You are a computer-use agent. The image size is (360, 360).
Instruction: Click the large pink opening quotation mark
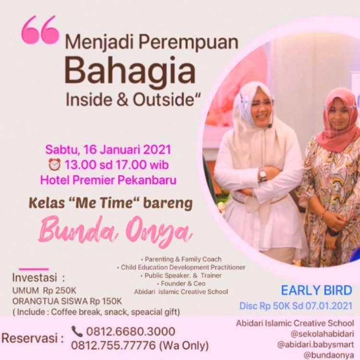(x=40, y=29)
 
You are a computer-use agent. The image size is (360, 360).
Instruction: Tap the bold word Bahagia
(x=130, y=70)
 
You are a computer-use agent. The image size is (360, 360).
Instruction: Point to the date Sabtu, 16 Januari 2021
(x=108, y=149)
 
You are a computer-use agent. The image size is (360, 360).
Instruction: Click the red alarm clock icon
(x=55, y=164)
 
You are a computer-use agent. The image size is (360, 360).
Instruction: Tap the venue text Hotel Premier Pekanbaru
(x=108, y=180)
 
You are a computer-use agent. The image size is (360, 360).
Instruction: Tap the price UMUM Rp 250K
(x=44, y=290)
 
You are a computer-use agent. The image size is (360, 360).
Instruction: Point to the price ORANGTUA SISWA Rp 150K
(x=67, y=301)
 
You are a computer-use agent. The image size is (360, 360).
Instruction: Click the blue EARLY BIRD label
(x=316, y=290)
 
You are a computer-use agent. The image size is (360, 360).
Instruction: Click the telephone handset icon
(x=77, y=331)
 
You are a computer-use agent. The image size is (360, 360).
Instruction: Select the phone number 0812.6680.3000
(x=131, y=331)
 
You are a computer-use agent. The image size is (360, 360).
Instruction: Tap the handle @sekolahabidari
(x=322, y=334)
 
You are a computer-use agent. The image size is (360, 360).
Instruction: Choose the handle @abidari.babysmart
(x=315, y=344)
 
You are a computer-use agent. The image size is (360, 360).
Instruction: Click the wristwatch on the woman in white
(x=263, y=175)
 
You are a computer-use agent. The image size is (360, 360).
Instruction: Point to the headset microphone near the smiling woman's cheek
(x=270, y=126)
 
